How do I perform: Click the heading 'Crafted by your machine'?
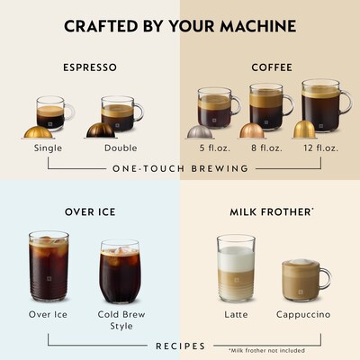click(180, 24)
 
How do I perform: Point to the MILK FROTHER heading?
click(268, 212)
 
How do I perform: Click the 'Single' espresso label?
click(48, 148)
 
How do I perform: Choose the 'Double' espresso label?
click(121, 148)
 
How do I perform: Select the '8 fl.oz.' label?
click(266, 148)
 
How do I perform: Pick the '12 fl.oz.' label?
click(319, 148)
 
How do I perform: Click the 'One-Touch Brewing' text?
click(180, 168)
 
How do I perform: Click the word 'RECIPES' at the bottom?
click(180, 346)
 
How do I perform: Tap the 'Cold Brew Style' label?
click(121, 319)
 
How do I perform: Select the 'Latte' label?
click(236, 314)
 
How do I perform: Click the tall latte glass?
click(236, 269)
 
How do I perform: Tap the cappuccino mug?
click(304, 280)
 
